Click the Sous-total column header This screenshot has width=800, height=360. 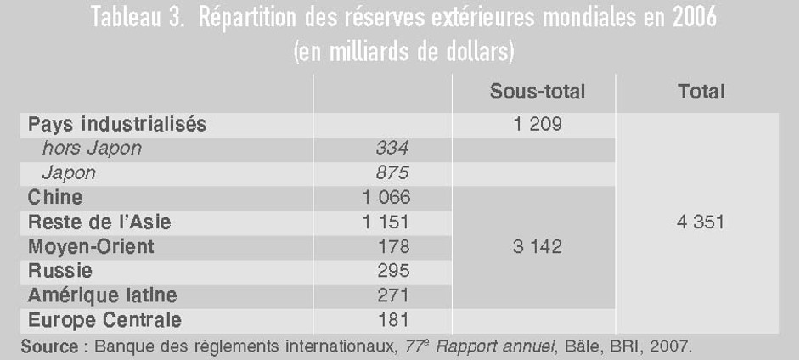[538, 92]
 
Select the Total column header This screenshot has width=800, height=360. [701, 92]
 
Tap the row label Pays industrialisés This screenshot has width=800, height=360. [117, 125]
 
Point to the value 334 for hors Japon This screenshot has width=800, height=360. [392, 149]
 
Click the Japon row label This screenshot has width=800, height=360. [69, 174]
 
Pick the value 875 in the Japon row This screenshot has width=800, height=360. [392, 173]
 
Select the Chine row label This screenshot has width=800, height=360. [55, 197]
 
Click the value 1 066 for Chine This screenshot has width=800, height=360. [386, 197]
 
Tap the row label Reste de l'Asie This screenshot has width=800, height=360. [99, 222]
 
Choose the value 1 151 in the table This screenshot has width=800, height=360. [386, 222]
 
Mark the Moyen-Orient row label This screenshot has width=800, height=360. [91, 247]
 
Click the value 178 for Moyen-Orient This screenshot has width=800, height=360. [393, 247]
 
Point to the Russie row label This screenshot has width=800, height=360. [59, 270]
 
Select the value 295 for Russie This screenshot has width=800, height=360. [393, 271]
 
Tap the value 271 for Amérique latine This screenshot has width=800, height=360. [393, 295]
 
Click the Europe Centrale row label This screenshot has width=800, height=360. [104, 321]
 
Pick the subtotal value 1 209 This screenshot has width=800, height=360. [538, 125]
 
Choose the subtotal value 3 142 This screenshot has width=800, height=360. [538, 247]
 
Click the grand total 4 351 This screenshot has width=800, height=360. [701, 222]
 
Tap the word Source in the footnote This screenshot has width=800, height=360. [49, 347]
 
